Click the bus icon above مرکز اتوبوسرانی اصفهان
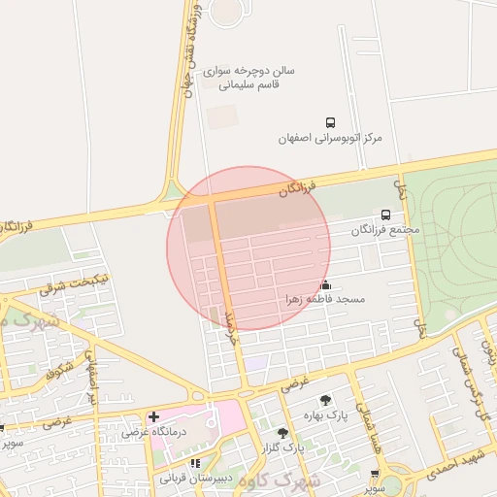click(x=331, y=123)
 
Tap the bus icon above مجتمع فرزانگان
click(x=386, y=215)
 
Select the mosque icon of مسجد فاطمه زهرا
click(x=325, y=285)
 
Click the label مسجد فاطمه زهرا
click(x=323, y=300)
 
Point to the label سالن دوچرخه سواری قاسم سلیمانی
click(x=249, y=78)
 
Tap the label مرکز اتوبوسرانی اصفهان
click(x=330, y=138)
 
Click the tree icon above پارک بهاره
click(x=324, y=400)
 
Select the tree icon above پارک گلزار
click(x=282, y=433)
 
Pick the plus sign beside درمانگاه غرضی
click(x=153, y=416)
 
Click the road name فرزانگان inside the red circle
click(x=297, y=187)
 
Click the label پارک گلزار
click(x=281, y=448)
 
